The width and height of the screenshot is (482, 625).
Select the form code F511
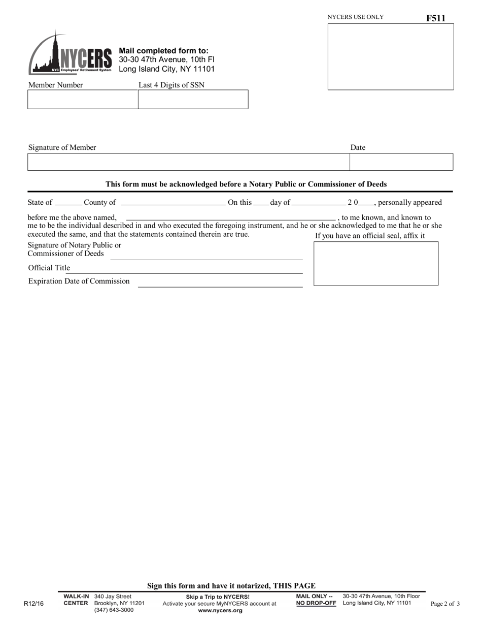[435, 18]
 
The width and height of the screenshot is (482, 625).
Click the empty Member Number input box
[83, 100]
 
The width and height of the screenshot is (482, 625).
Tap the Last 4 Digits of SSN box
[193, 100]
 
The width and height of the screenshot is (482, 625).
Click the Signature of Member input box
[188, 162]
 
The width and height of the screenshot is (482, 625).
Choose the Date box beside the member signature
[401, 162]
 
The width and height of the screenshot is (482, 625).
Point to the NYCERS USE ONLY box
[391, 57]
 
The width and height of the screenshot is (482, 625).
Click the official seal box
[376, 264]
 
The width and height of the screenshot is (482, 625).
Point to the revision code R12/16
[34, 604]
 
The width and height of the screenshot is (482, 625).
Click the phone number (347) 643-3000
[114, 610]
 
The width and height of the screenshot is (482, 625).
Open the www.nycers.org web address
[220, 611]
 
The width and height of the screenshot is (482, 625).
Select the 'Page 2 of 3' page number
[445, 604]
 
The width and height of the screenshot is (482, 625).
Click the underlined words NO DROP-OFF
[316, 603]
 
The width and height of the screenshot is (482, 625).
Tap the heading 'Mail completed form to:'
[163, 51]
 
